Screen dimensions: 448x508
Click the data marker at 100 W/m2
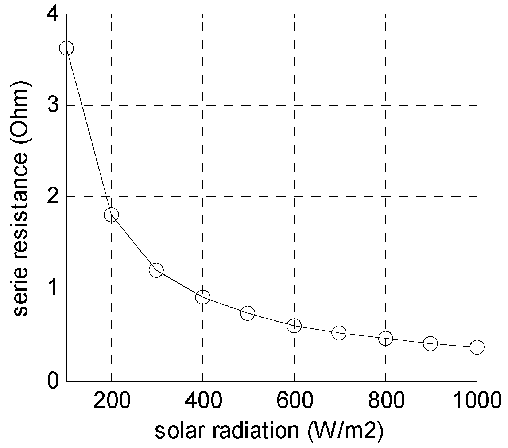[66, 48]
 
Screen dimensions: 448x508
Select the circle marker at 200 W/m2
[111, 215]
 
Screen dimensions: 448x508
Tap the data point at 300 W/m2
[156, 270]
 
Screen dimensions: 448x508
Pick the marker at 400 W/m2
[202, 297]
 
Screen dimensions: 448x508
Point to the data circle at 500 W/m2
[248, 313]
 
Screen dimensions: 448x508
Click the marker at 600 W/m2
[294, 326]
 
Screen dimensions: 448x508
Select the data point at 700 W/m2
[339, 332]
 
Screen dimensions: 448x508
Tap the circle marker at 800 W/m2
[385, 338]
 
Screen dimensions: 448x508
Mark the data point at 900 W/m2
[430, 343]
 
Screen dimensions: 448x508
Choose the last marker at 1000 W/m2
[477, 347]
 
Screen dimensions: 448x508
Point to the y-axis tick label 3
[53, 105]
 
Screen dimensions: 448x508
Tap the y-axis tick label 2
[53, 197]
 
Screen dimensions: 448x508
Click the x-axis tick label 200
[111, 401]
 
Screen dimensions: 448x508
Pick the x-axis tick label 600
[294, 401]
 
